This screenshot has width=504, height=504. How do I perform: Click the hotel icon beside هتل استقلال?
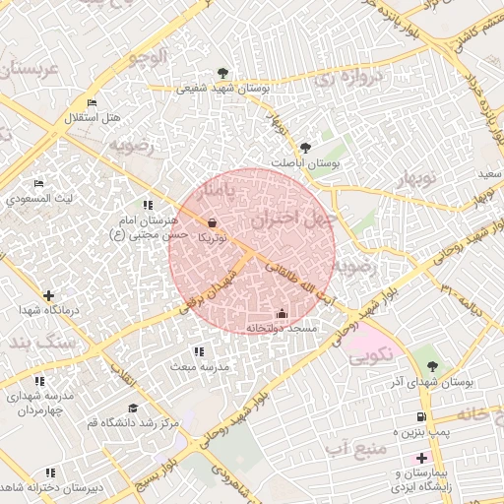92,102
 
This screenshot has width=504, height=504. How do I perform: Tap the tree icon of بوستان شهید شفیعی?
223,72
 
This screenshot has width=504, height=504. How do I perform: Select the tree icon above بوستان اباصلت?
304,148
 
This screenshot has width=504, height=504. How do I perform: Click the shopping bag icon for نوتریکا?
213,222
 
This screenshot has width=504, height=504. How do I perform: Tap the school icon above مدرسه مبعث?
199,351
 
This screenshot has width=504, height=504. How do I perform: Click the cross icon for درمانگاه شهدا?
48,295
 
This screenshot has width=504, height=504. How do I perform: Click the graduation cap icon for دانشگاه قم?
133,408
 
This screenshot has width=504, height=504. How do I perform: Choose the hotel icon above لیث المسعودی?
39,183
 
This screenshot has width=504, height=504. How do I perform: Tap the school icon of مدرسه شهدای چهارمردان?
39,381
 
